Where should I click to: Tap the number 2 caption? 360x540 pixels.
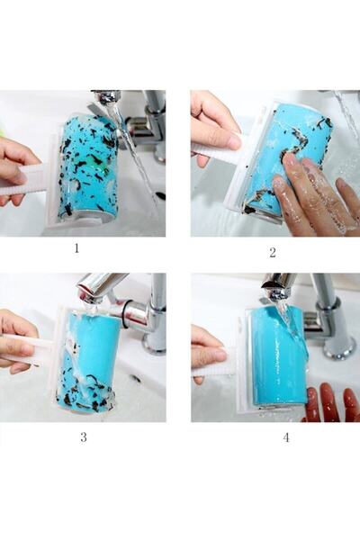click(272, 252)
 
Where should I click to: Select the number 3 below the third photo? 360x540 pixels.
click(84, 437)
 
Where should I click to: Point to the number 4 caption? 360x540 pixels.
click(286, 437)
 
